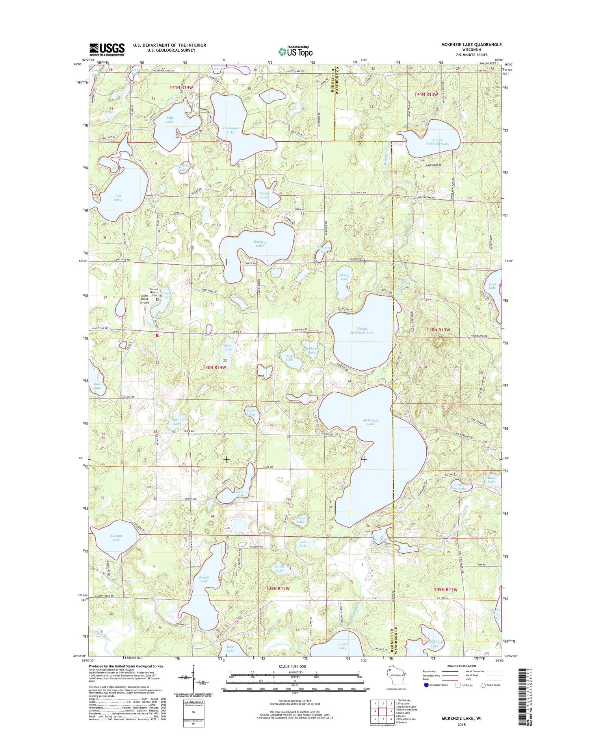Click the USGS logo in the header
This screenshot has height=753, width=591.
[107, 50]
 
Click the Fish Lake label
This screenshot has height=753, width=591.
[117, 198]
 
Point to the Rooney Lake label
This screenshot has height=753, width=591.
[259, 243]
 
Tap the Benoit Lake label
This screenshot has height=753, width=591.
[204, 579]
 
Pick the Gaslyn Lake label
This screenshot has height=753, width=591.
[116, 538]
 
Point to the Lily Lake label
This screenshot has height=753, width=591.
[169, 120]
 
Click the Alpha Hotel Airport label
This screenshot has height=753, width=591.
[145, 300]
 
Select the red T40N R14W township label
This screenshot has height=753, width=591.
[214, 367]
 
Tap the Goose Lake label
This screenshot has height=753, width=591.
[264, 195]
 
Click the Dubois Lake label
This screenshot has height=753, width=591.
[241, 493]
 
